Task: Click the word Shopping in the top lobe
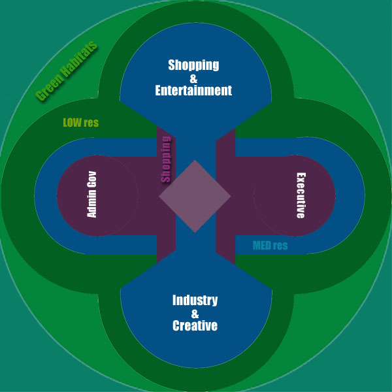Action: point(193,65)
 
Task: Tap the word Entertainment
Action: point(193,91)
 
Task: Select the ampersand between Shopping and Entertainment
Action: point(193,78)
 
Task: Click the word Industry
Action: point(195,301)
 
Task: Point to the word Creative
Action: point(195,325)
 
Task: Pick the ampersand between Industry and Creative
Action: point(195,313)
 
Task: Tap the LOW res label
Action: point(80,122)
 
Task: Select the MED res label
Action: point(270,246)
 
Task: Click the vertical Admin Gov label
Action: point(92,195)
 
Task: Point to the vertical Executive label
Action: point(301,195)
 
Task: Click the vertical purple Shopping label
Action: point(166,159)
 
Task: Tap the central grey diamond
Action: point(195,195)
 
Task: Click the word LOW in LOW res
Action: point(72,122)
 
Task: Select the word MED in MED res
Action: point(262,246)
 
